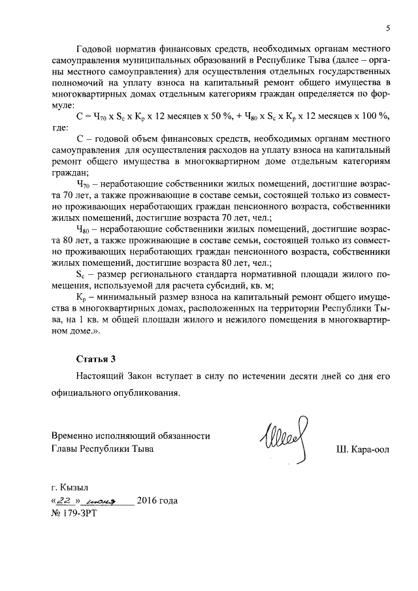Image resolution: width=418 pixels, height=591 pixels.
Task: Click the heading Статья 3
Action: coord(96,359)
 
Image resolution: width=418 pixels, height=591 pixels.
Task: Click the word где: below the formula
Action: coord(60,127)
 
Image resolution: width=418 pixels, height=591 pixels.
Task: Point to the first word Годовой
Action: coord(95,48)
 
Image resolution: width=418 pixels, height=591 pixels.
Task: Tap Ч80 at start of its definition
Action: coord(83,229)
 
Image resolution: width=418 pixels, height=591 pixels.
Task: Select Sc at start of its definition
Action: coord(82,273)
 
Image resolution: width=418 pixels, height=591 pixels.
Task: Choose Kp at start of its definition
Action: coord(82,296)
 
